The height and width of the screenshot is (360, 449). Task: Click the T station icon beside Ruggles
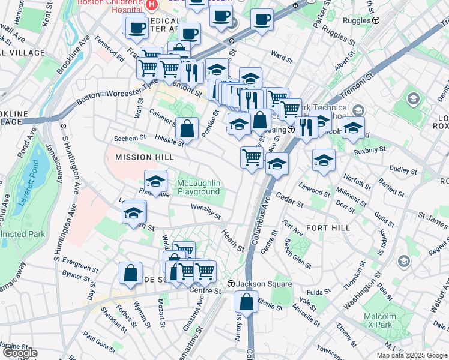click(x=376, y=20)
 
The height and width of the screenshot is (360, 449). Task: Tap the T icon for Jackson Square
click(x=231, y=284)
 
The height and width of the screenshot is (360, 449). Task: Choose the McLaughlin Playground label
click(x=199, y=187)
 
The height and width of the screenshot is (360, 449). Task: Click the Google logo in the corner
click(x=20, y=353)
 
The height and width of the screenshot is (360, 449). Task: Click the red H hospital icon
click(x=151, y=5)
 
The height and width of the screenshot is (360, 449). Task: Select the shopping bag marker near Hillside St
click(x=187, y=128)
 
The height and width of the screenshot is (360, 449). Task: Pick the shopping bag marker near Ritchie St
click(x=246, y=301)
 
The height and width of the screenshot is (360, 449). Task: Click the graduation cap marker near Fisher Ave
click(x=155, y=181)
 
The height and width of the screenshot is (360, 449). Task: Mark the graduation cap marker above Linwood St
click(x=324, y=160)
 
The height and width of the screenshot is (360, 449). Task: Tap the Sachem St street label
click(x=130, y=138)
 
